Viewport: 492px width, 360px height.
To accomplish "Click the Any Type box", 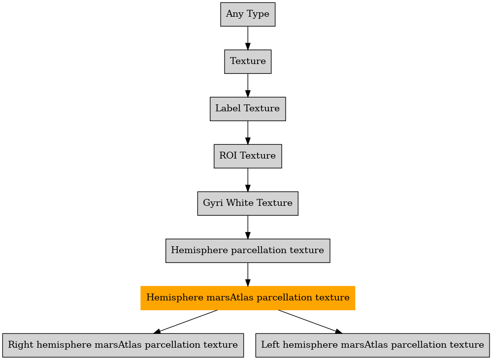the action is click(x=248, y=14).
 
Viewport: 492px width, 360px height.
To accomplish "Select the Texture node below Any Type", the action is click(x=248, y=62).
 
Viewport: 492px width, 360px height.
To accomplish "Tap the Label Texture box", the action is click(x=248, y=109).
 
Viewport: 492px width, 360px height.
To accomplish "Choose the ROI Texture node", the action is click(x=248, y=156).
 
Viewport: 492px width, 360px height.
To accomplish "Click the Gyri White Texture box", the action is click(x=248, y=203).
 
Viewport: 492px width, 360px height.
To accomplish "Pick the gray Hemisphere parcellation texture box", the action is click(x=248, y=251).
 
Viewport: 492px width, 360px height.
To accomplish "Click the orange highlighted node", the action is click(x=248, y=298).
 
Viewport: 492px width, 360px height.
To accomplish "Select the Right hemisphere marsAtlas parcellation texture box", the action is click(x=123, y=345).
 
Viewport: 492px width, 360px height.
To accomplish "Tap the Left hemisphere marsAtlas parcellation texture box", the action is click(x=372, y=345).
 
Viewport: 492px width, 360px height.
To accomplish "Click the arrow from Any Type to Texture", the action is click(x=248, y=38).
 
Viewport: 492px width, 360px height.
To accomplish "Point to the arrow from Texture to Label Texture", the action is click(x=248, y=85).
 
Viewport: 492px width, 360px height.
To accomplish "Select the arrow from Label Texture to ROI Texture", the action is click(x=248, y=132).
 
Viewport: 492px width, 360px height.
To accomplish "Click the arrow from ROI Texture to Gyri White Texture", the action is click(x=248, y=180).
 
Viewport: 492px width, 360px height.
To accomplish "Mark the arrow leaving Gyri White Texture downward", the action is click(x=248, y=227).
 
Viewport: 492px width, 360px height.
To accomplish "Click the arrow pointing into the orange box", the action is click(x=248, y=274).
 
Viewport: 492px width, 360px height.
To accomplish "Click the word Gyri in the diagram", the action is click(x=213, y=203).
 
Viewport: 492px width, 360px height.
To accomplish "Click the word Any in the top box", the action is click(x=233, y=14).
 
